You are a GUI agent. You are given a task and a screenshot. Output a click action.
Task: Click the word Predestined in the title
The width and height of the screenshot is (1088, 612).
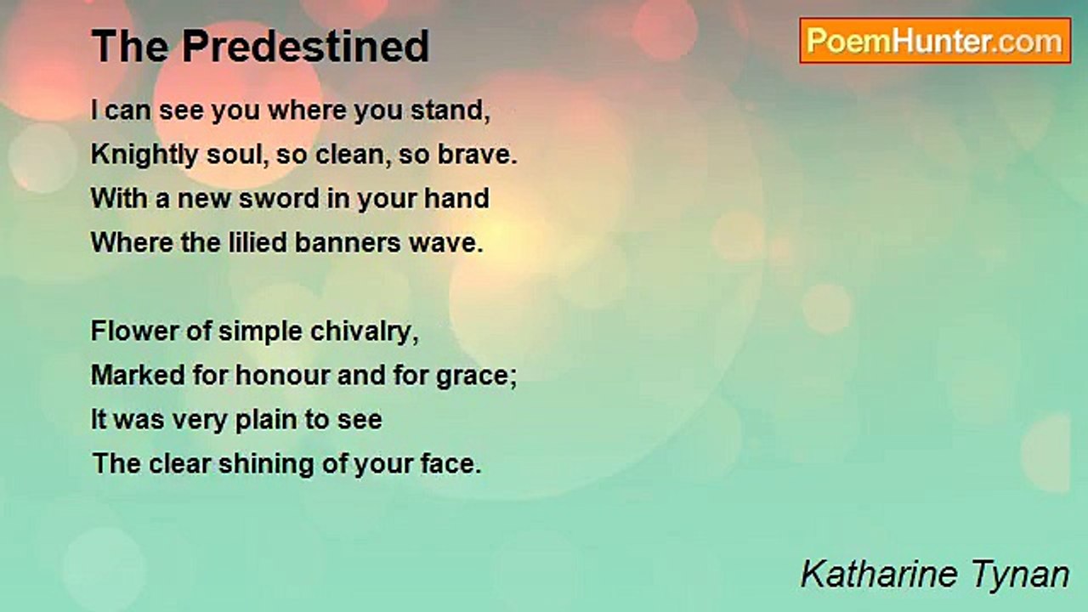pos(305,46)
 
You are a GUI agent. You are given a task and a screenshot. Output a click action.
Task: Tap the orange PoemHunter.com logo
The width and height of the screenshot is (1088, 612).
pos(935,41)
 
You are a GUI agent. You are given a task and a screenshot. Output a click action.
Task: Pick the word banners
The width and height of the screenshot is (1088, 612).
pos(348,242)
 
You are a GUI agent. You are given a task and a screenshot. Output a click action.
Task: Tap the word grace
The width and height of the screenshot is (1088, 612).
pos(473,377)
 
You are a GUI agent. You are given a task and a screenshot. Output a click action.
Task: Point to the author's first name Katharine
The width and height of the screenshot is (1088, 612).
pos(879,574)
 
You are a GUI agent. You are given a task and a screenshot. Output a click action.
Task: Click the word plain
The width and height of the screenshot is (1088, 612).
pos(266,421)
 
